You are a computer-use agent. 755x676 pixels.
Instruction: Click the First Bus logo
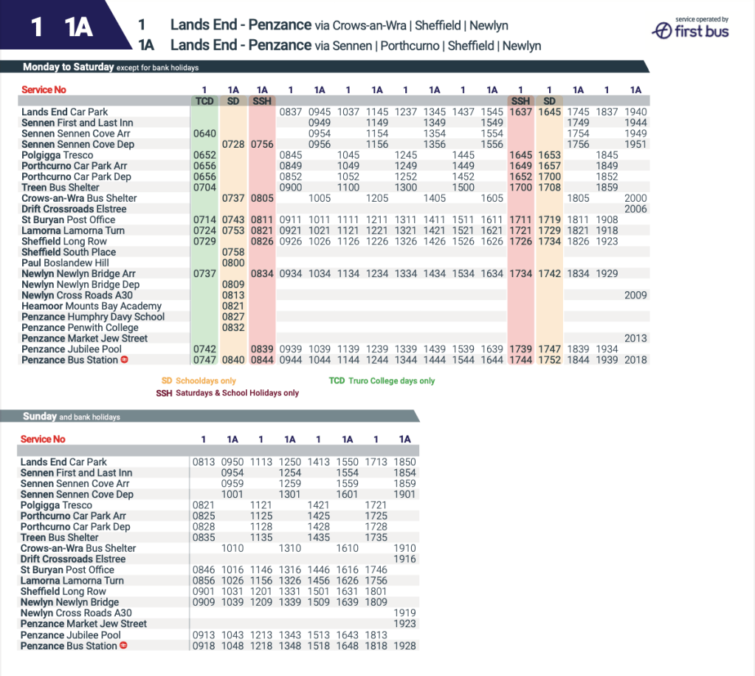pos(691,30)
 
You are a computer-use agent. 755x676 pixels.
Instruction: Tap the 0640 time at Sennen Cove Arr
pos(204,134)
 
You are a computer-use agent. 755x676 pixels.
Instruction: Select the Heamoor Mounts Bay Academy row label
pos(92,306)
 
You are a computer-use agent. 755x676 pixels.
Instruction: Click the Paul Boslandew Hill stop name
pos(65,263)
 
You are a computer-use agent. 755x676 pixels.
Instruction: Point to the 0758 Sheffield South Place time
pos(233,253)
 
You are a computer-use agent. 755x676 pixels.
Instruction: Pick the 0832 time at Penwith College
pos(233,327)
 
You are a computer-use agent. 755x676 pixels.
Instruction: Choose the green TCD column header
pos(204,100)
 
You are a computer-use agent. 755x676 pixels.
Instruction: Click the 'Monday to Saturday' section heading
pos(69,67)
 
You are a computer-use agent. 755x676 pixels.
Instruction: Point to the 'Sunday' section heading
pos(40,417)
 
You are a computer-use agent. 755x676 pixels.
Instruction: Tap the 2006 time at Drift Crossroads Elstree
pos(635,209)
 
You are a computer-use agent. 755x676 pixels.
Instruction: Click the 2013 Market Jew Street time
pos(635,338)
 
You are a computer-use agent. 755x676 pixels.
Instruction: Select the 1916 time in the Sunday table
pos(404,559)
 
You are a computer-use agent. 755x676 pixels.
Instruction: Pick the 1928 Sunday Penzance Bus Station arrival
pos(404,646)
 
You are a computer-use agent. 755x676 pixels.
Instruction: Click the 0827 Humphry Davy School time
pos(233,317)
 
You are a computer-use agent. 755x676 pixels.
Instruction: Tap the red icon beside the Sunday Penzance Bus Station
pos(124,646)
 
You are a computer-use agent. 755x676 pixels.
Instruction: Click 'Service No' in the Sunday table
pos(43,440)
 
